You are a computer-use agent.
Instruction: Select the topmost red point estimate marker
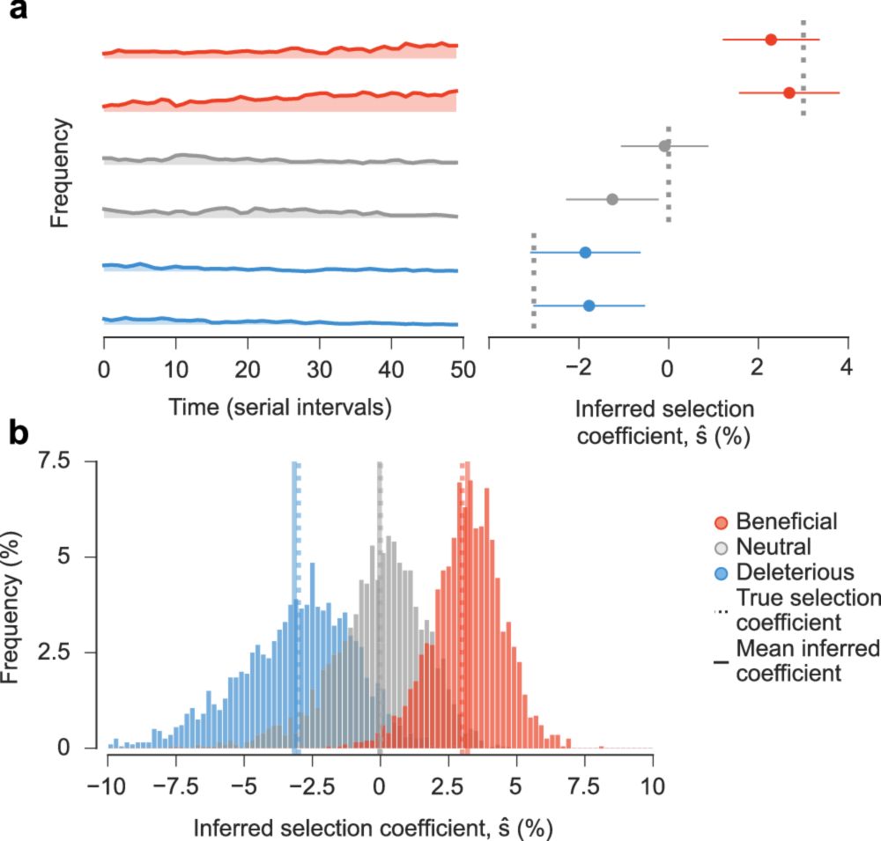click(771, 40)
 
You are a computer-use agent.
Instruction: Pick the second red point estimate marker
click(789, 92)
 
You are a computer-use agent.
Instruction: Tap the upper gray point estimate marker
click(665, 145)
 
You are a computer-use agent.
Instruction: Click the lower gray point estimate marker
click(612, 199)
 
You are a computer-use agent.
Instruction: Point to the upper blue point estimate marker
click(585, 252)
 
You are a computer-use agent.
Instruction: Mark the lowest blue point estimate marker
click(589, 306)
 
